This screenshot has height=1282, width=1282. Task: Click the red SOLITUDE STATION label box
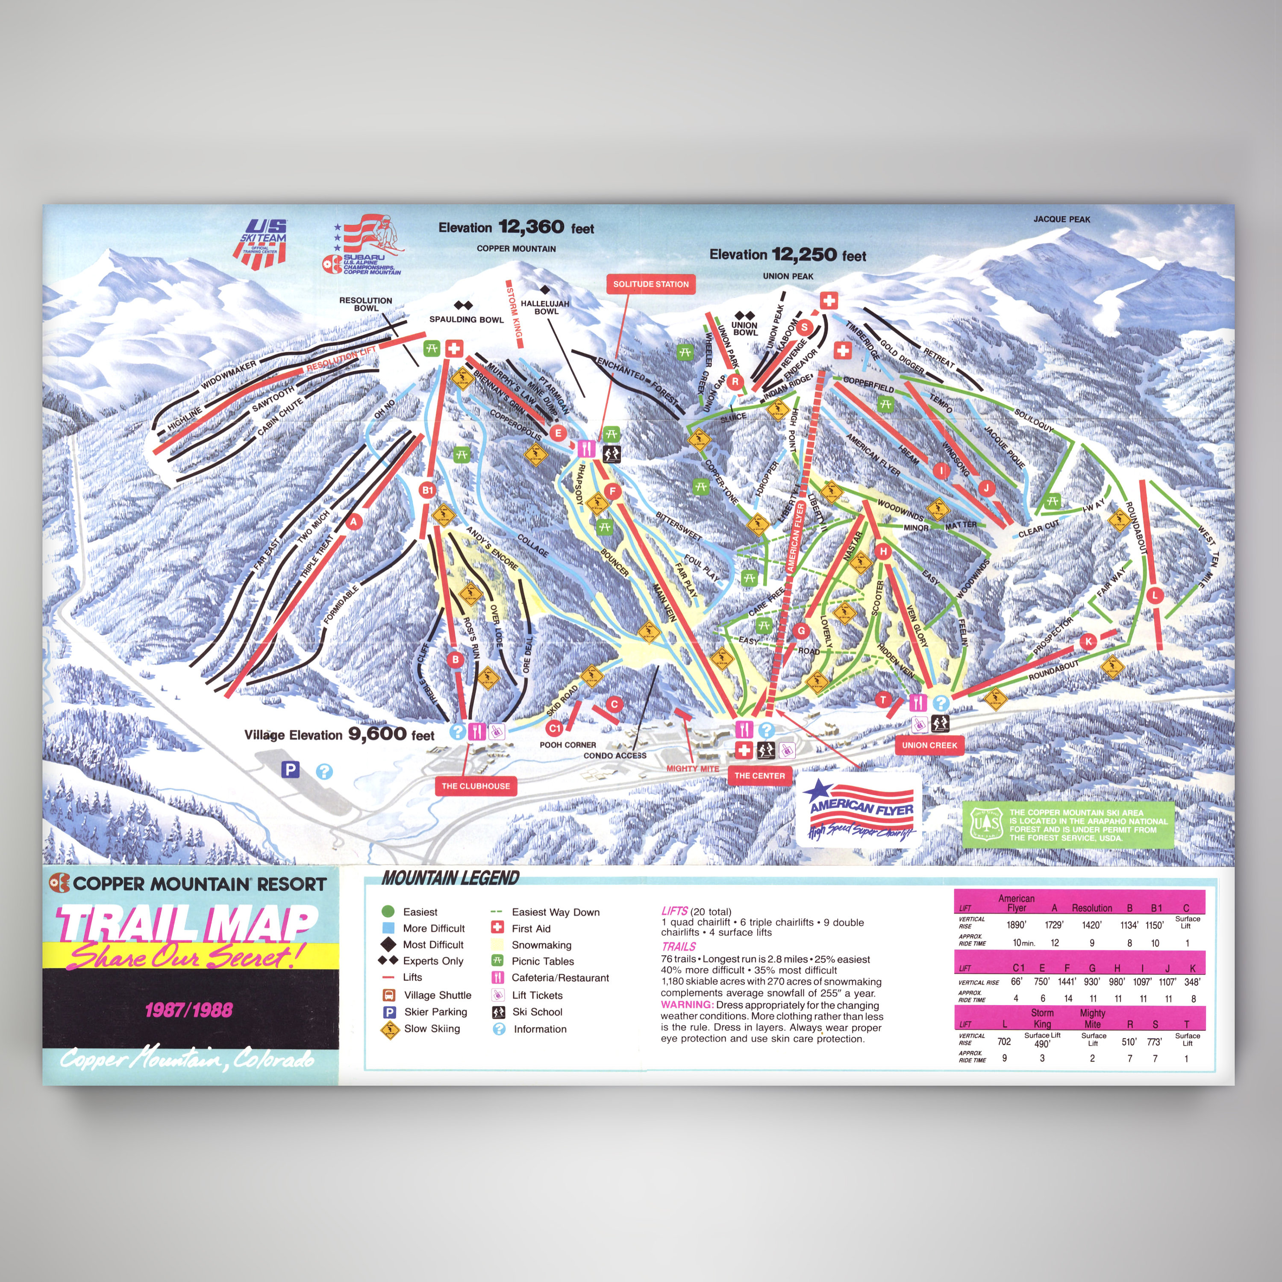(650, 284)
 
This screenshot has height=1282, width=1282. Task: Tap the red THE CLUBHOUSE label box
(476, 786)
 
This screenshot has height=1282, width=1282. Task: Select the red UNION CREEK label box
(929, 745)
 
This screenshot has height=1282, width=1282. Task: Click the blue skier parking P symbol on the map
(290, 769)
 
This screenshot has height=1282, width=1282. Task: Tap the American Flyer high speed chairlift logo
(860, 809)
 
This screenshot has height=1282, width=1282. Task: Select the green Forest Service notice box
(1067, 824)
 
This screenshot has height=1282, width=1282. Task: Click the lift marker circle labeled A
(354, 521)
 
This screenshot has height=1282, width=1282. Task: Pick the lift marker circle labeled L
(1155, 595)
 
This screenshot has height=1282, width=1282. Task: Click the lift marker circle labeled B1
(427, 491)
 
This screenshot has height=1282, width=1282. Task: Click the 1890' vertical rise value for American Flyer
(1015, 925)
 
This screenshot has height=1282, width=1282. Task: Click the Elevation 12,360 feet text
(516, 228)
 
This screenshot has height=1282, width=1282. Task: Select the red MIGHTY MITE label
(692, 768)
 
